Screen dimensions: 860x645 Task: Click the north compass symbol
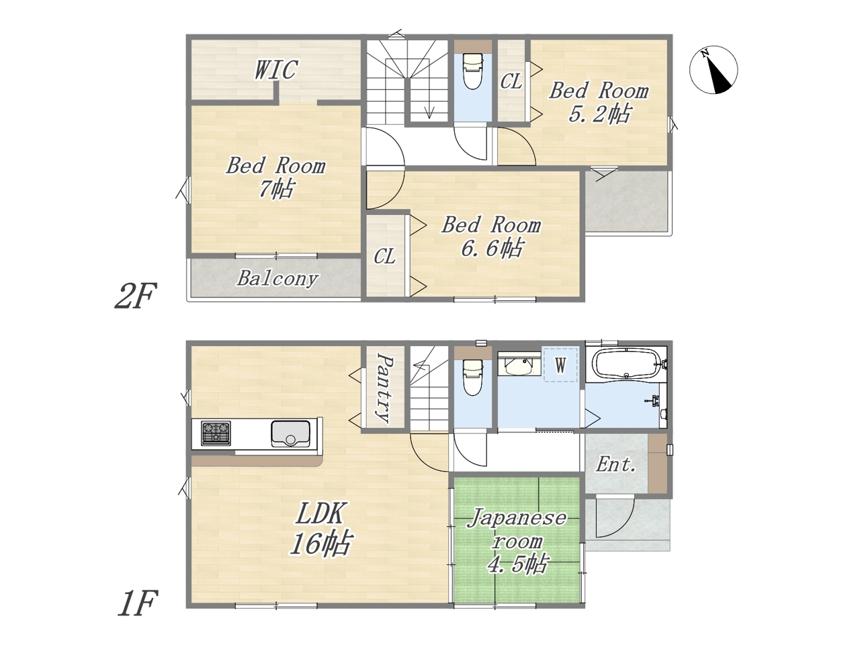tap(713, 71)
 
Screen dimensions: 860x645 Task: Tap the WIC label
tap(276, 70)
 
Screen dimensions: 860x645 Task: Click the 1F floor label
tap(138, 603)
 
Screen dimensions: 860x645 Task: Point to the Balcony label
tap(277, 279)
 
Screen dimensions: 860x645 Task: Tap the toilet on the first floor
tap(473, 378)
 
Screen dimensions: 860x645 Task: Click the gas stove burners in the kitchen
tap(216, 433)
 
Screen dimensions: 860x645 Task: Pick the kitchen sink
tap(290, 434)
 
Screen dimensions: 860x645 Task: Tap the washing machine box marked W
tap(560, 365)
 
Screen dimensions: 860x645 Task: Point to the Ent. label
tap(615, 465)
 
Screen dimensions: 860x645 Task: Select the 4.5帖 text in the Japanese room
tap(517, 564)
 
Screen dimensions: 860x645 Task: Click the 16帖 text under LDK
tap(320, 542)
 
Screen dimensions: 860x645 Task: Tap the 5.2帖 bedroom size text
tap(599, 114)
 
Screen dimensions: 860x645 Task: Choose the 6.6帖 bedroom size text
tap(492, 249)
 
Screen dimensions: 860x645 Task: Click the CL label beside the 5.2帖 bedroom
tap(511, 82)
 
